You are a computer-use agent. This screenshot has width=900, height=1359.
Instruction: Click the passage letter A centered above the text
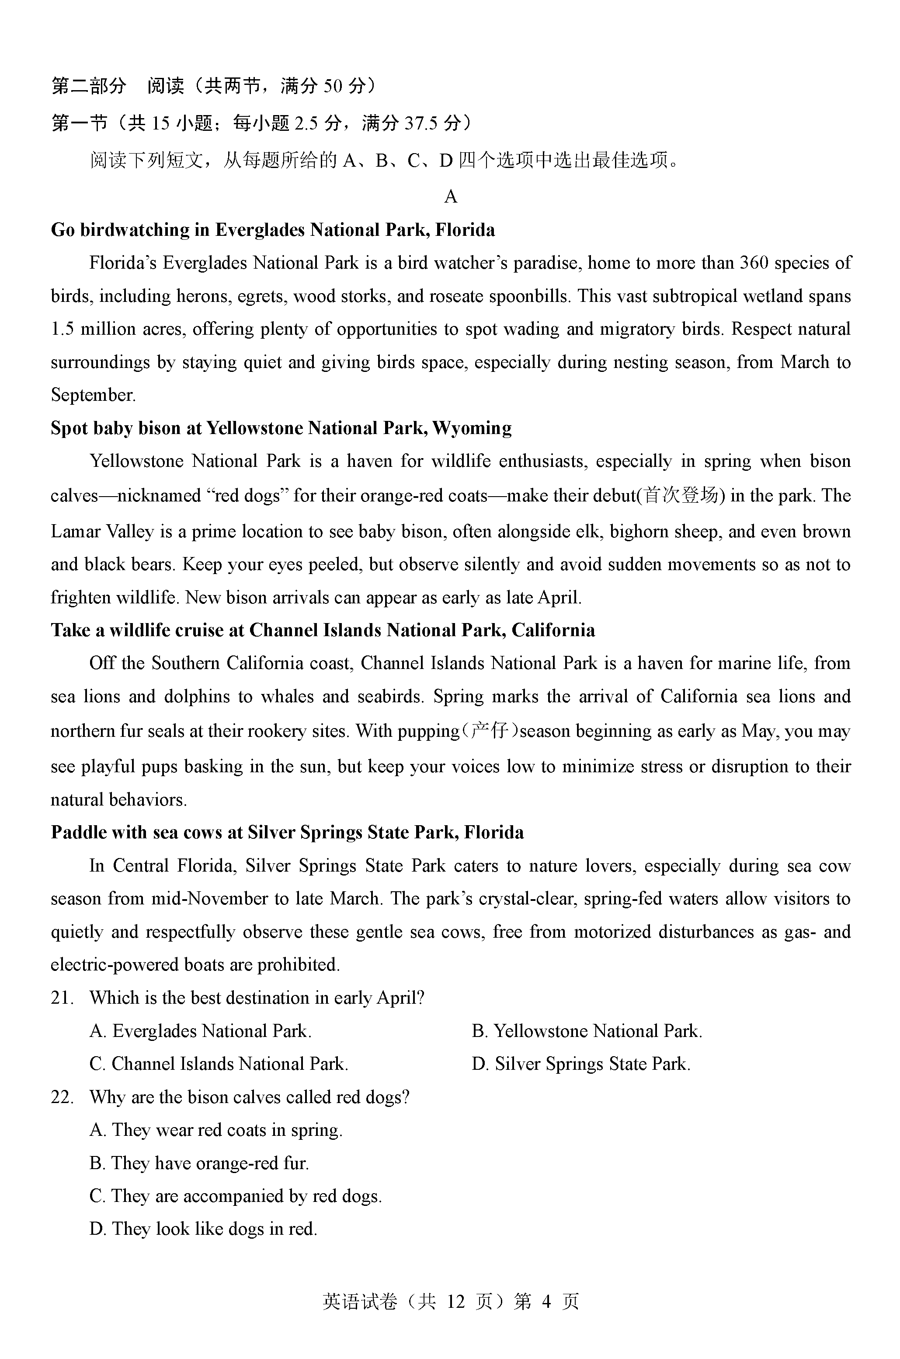451,197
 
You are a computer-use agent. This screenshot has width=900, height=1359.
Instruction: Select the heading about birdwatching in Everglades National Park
273,230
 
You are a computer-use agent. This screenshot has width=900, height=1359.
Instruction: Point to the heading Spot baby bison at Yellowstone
281,428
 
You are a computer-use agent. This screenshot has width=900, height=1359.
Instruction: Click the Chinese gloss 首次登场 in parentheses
680,495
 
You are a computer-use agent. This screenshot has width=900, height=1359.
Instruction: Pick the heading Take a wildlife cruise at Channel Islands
323,630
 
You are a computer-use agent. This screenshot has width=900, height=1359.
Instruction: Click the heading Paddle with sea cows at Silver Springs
287,832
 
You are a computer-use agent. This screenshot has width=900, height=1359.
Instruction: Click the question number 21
62,998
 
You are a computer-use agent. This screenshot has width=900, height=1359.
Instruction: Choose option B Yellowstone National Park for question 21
587,1031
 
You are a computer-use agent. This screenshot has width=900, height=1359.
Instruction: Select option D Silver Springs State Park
581,1064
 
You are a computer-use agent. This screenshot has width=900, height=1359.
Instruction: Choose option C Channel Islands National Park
219,1064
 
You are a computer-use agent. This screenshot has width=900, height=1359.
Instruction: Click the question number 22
62,1097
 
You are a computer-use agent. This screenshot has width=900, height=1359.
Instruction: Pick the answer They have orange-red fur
199,1163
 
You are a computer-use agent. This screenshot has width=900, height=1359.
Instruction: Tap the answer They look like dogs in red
203,1229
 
